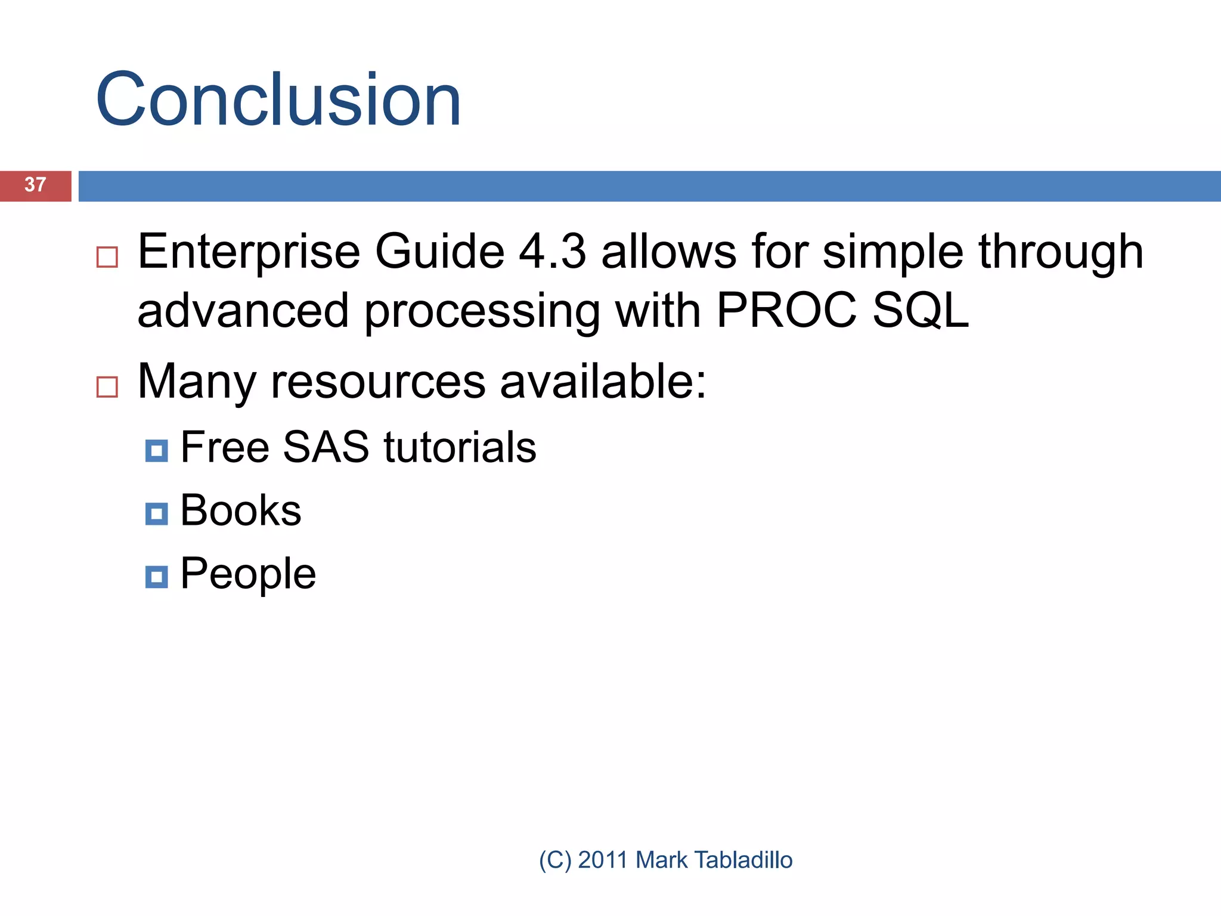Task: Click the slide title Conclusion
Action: coord(278,100)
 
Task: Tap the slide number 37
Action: coord(35,185)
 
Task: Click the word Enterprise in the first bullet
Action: coord(249,252)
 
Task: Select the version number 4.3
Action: coord(552,252)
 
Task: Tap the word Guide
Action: coord(439,252)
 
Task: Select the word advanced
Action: coord(243,311)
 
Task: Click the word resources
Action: coord(378,382)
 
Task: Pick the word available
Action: coord(602,382)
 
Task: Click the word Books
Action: coord(241,510)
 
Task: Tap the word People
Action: coord(248,574)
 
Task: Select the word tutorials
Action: coord(460,447)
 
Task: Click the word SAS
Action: coord(326,447)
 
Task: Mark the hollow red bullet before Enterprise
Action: coord(107,257)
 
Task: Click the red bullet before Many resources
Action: coord(107,387)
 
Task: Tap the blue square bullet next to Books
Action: coord(156,513)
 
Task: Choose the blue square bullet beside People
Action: coord(156,577)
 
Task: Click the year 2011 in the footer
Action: coord(602,860)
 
